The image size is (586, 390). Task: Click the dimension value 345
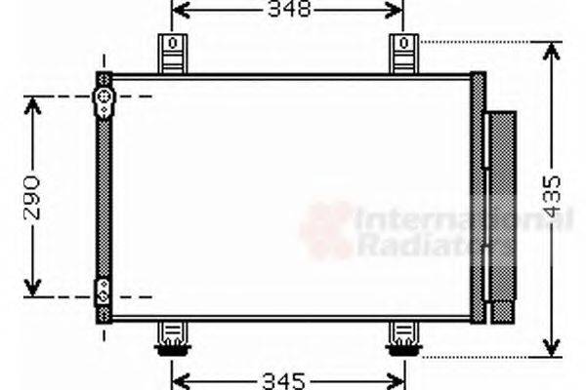[x=287, y=378]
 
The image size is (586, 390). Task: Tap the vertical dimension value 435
[x=553, y=195]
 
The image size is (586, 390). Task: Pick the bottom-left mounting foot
[x=173, y=338]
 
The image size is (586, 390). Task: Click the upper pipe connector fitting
[x=103, y=98]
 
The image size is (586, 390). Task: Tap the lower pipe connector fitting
[x=103, y=291]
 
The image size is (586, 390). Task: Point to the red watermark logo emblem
[x=326, y=232]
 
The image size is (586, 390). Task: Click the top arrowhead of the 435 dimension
[x=552, y=49]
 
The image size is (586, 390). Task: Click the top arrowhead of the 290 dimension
[x=33, y=103]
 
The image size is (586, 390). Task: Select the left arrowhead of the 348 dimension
[x=180, y=12]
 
